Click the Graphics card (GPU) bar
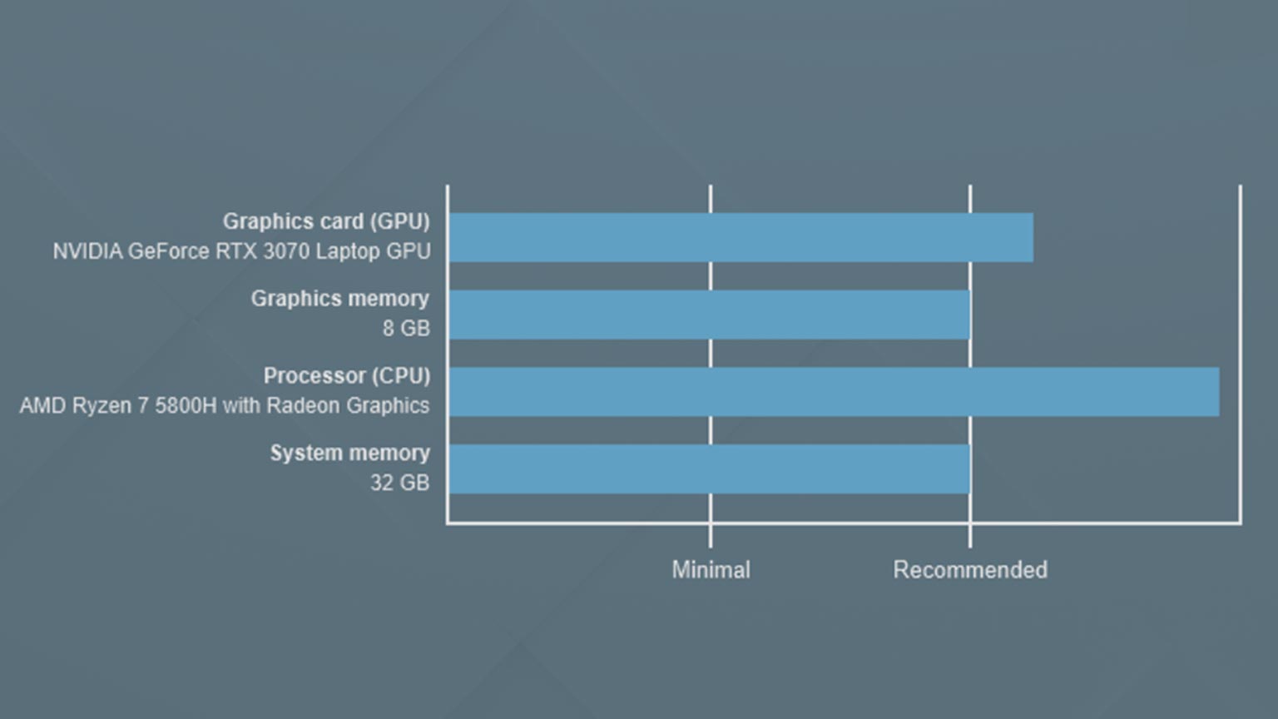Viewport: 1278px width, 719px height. coord(741,237)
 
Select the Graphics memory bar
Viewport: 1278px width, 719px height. coord(710,315)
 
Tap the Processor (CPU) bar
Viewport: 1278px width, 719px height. coord(835,391)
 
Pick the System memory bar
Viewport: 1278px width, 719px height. coord(710,469)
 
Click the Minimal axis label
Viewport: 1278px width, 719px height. coord(711,569)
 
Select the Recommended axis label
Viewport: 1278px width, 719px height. coord(970,569)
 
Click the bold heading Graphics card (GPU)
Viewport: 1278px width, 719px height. coord(326,221)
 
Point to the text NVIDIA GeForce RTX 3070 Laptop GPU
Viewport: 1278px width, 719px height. coord(242,251)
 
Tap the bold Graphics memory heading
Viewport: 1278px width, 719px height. coord(340,299)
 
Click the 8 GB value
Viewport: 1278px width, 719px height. coord(406,328)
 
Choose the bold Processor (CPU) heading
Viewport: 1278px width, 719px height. coord(347,376)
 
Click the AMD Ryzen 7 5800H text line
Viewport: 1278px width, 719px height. coord(225,405)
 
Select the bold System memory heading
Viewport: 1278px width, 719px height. coord(349,453)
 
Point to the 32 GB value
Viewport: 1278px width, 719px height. coord(400,483)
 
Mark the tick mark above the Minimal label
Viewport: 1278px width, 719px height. coord(711,536)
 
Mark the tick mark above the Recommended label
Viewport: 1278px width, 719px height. coord(970,536)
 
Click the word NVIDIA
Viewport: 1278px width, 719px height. coord(88,251)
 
